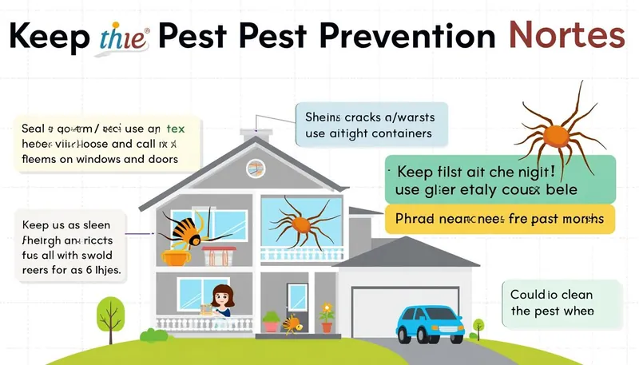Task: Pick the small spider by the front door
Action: coord(294,323)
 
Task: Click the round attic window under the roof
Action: coord(255,167)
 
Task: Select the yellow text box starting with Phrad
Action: coord(500,218)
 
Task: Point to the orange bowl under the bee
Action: coord(174,256)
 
